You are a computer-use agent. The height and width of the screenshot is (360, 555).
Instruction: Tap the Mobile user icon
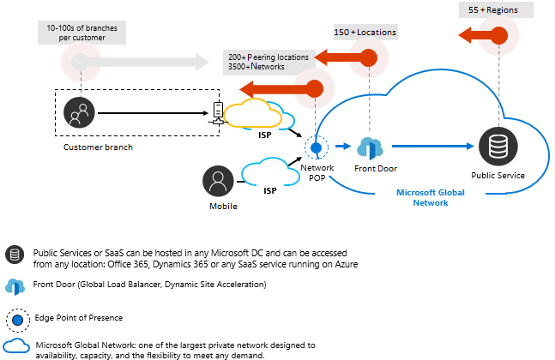click(x=219, y=182)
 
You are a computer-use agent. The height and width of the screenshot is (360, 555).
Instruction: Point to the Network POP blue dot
click(x=316, y=147)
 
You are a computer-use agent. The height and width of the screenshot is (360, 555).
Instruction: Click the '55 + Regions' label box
click(x=497, y=9)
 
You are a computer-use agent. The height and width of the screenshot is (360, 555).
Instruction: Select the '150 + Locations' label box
click(x=365, y=33)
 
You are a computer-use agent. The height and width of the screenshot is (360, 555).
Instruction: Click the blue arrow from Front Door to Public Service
click(x=434, y=147)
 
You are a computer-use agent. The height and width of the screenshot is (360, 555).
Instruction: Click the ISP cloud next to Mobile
click(x=267, y=174)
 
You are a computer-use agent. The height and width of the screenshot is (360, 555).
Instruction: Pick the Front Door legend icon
click(x=15, y=285)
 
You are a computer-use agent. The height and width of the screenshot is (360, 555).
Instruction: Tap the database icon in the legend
click(x=15, y=255)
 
